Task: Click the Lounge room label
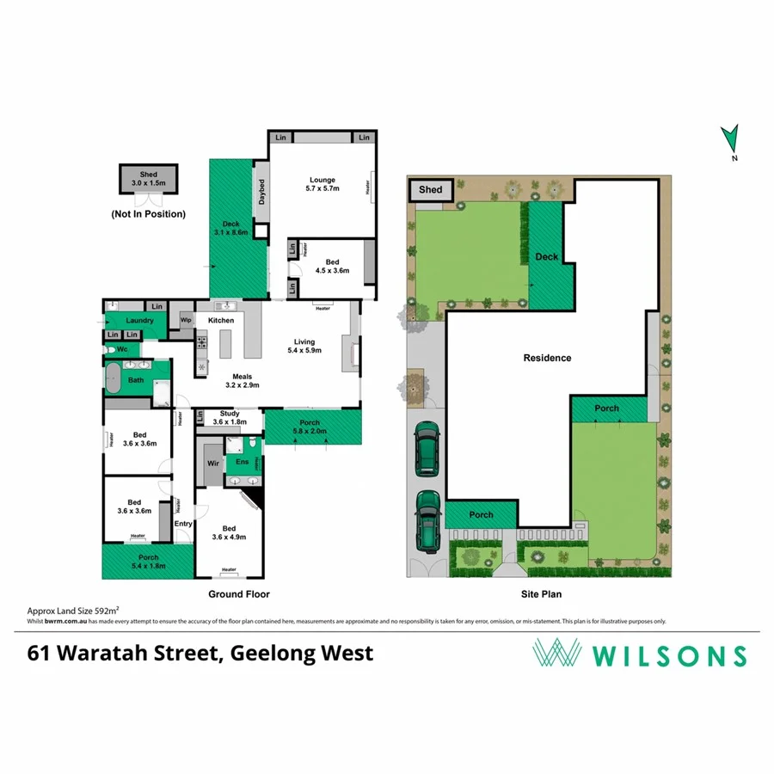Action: [322, 181]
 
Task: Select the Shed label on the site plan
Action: [430, 190]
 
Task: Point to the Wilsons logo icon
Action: [555, 654]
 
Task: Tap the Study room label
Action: [230, 414]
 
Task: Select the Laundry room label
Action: [138, 321]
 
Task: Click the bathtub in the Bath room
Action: [113, 378]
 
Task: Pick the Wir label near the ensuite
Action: [209, 463]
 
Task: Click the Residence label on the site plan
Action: [547, 358]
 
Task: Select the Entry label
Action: [183, 524]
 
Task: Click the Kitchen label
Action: [221, 321]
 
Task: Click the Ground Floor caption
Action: [239, 594]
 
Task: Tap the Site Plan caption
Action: [542, 593]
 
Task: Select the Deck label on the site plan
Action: [547, 257]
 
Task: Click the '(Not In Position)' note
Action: [148, 214]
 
